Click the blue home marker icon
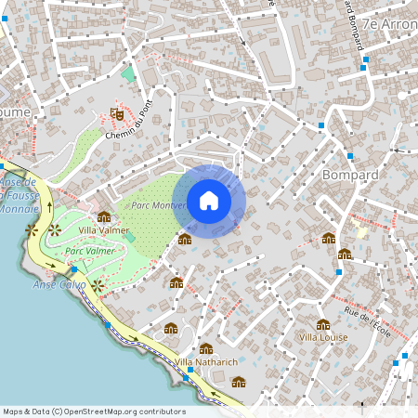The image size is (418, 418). [209, 201]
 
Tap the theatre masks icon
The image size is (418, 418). [117, 113]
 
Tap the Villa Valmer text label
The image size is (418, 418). [104, 230]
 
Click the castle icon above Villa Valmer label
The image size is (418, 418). [104, 216]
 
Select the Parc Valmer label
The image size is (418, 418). [90, 251]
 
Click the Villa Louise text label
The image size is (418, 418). [323, 337]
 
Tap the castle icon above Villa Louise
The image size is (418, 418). [323, 324]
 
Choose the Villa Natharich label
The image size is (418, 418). [206, 360]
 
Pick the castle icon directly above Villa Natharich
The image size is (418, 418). [206, 348]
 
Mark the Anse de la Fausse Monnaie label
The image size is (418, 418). [19, 195]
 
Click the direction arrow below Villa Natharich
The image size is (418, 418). [216, 391]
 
